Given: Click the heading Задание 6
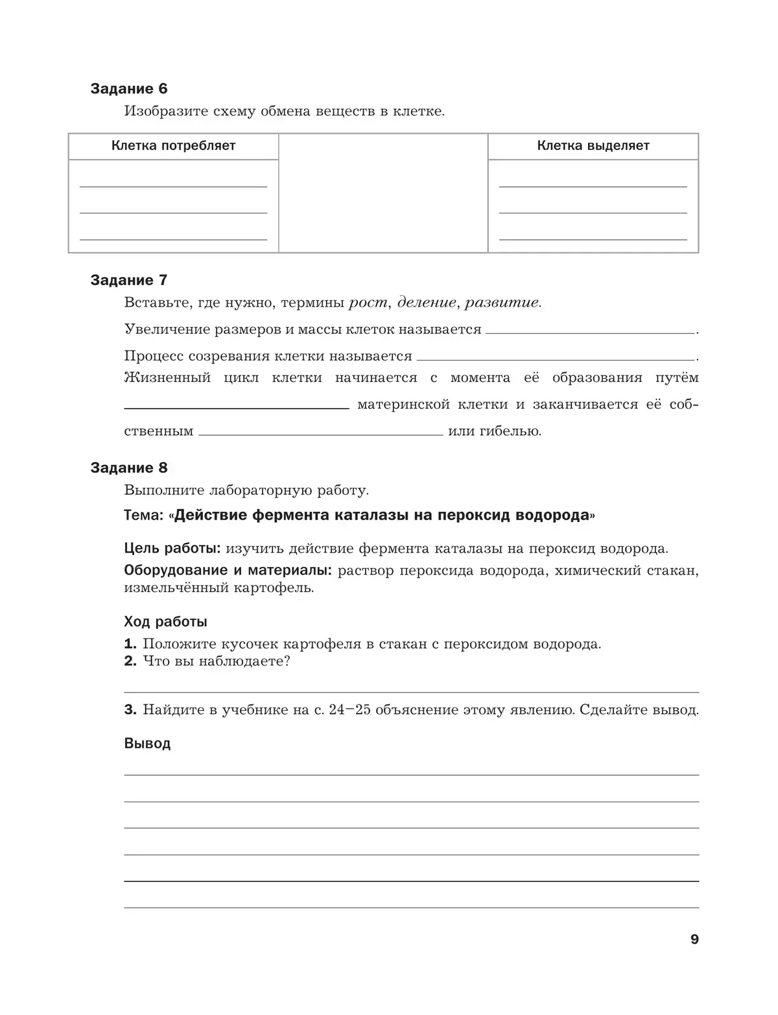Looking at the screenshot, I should tap(128, 89).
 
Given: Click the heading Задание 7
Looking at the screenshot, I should tap(128, 280).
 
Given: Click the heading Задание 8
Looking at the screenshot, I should tap(128, 468).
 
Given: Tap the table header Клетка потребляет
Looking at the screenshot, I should tap(173, 146).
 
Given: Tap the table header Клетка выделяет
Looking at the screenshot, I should tap(593, 146).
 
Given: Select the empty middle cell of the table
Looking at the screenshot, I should tap(383, 193).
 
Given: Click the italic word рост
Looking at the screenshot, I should tap(368, 302).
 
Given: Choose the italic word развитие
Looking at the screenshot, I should tap(502, 302).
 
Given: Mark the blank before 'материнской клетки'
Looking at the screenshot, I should tap(236, 405).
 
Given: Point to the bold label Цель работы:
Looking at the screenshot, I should tap(172, 549).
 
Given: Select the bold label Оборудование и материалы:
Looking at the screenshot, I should tap(228, 571).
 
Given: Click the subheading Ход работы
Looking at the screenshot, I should tap(165, 622).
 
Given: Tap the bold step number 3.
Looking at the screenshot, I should tap(130, 710).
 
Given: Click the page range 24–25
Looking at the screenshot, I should tap(349, 710).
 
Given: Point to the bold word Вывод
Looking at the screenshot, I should tap(147, 744).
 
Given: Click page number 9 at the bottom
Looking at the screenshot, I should tap(694, 940).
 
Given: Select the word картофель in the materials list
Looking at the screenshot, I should tap(273, 588).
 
